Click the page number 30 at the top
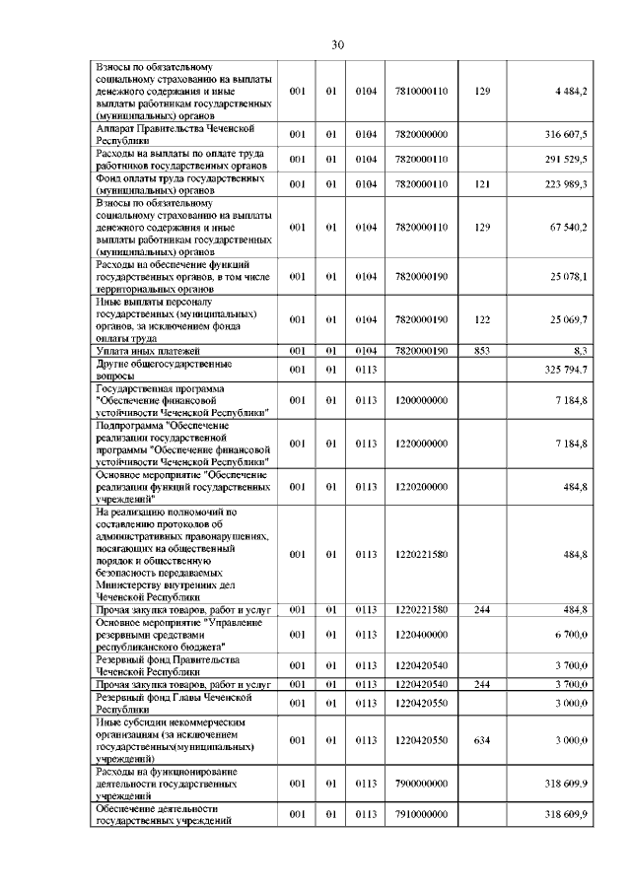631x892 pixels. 337,45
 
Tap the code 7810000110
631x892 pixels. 421,91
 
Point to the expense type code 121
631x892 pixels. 481,184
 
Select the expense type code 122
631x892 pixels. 481,319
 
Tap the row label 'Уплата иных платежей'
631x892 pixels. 148,350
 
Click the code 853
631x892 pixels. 481,350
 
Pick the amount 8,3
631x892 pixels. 580,350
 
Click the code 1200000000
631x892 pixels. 421,400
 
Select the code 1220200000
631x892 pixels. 421,486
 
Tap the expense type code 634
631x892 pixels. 481,740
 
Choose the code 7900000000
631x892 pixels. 421,784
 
